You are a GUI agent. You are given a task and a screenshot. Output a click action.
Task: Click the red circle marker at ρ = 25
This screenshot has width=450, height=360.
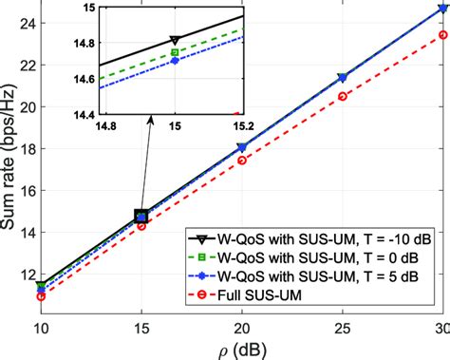343,96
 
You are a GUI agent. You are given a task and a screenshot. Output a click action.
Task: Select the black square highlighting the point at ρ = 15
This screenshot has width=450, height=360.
141,217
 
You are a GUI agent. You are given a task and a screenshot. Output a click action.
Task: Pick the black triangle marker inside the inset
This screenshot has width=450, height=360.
174,40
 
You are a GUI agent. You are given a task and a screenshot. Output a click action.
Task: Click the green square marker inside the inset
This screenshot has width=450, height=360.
174,53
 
